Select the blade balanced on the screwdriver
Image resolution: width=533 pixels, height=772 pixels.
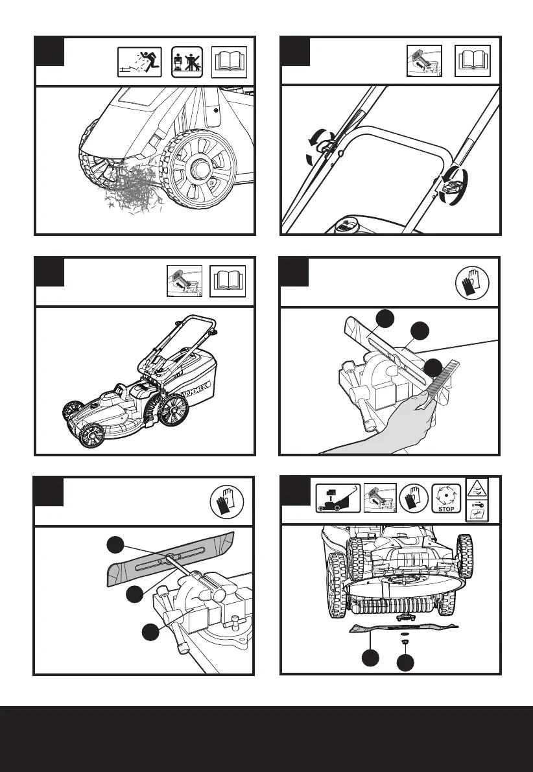pyautogui.click(x=169, y=556)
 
